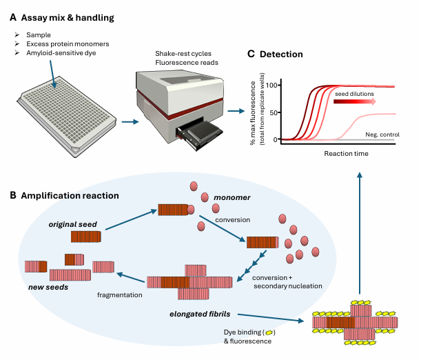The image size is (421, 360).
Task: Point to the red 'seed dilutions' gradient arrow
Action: (x=354, y=101)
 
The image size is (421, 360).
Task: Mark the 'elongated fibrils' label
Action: (x=199, y=313)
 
